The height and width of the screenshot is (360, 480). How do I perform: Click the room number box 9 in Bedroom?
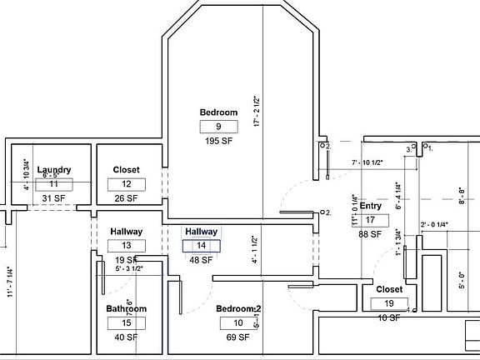point(218,127)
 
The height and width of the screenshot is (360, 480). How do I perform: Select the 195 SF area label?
point(218,142)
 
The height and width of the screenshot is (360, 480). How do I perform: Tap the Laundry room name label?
point(53,170)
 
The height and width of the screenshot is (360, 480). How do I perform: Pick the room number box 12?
point(127,184)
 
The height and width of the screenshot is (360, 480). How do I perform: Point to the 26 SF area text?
point(127,198)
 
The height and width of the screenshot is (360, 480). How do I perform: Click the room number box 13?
point(127,246)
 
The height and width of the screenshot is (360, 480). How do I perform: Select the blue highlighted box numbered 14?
point(201,246)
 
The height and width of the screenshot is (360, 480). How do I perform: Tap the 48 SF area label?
point(201,260)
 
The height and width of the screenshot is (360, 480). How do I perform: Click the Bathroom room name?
point(127,308)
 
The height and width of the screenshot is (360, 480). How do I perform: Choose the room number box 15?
point(127,322)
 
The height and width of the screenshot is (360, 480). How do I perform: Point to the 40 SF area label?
point(127,337)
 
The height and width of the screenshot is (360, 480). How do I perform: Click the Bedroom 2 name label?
point(238,309)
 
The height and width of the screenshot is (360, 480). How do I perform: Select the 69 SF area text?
point(238,337)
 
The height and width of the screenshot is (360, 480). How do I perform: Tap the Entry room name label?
point(371,206)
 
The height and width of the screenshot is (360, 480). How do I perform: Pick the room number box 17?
point(371,220)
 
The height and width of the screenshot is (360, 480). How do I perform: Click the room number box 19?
point(389,304)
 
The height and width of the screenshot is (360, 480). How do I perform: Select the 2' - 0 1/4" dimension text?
point(435,224)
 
